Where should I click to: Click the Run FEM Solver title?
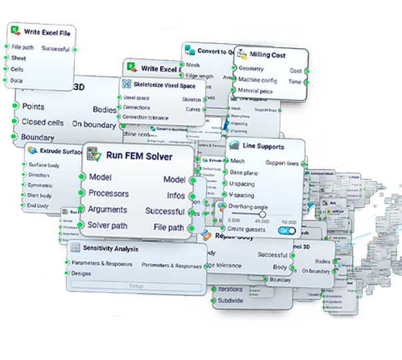139,156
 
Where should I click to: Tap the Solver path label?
108,225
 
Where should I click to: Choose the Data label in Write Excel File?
17,81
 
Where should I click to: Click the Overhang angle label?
249,207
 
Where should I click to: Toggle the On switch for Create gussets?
287,230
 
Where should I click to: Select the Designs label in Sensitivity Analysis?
81,273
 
